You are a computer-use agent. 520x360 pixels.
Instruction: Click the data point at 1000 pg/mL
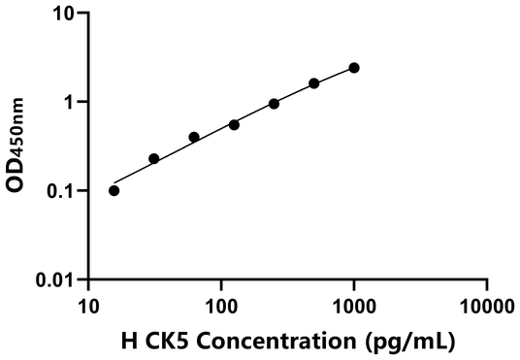pos(354,68)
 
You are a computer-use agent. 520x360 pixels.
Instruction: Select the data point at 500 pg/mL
pos(314,83)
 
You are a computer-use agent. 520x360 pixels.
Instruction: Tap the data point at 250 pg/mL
pos(274,104)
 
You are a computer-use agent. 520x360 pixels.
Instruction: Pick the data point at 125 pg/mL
pos(234,124)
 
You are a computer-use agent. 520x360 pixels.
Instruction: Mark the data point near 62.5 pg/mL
pos(194,137)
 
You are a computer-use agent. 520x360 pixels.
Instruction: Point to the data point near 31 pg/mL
pos(153,158)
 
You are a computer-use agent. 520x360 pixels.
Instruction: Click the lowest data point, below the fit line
pos(114,190)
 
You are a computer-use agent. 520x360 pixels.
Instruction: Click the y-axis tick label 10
pos(66,14)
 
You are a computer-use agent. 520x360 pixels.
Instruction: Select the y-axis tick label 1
pos(71,102)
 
